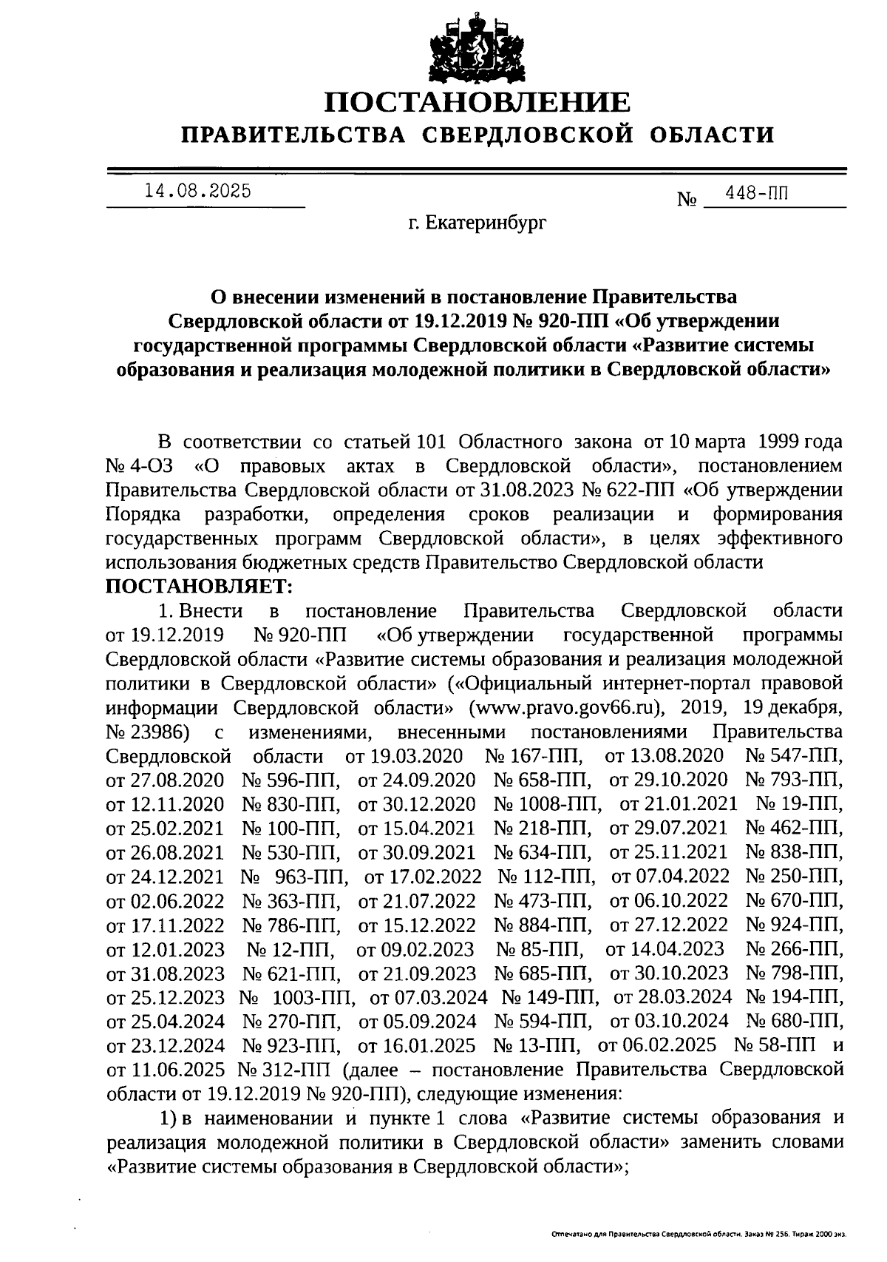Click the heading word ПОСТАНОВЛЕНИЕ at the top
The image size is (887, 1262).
tap(478, 102)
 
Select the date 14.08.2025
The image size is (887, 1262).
tap(197, 191)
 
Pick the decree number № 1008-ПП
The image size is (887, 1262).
tap(547, 804)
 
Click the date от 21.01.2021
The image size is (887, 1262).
tap(679, 804)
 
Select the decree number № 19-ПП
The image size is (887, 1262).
tap(799, 804)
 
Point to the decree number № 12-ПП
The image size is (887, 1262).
tap(290, 949)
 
